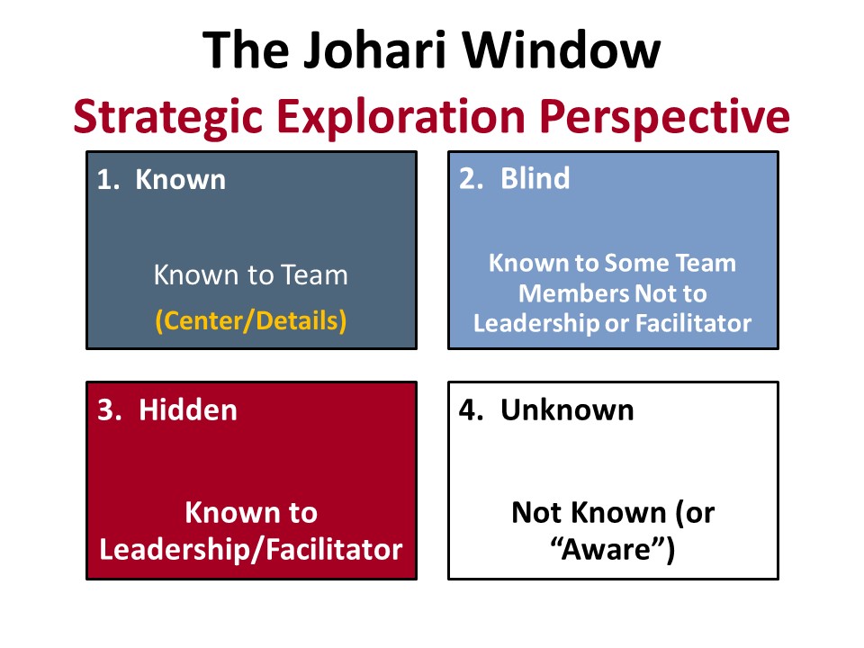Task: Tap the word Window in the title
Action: coord(561,50)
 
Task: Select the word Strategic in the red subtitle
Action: coord(168,117)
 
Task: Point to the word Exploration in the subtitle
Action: coord(401,117)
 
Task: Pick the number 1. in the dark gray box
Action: coord(108,180)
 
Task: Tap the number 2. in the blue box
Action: coord(471,178)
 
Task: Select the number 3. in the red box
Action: coord(109,410)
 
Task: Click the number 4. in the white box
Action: coord(471,410)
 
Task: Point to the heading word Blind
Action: coord(535,178)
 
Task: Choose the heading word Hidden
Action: coord(188,410)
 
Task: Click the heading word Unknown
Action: coord(567,410)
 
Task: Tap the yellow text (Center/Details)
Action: coord(251,320)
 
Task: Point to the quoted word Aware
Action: coord(612,549)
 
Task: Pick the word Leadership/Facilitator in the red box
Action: coord(251,549)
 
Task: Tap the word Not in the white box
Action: coord(536,512)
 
